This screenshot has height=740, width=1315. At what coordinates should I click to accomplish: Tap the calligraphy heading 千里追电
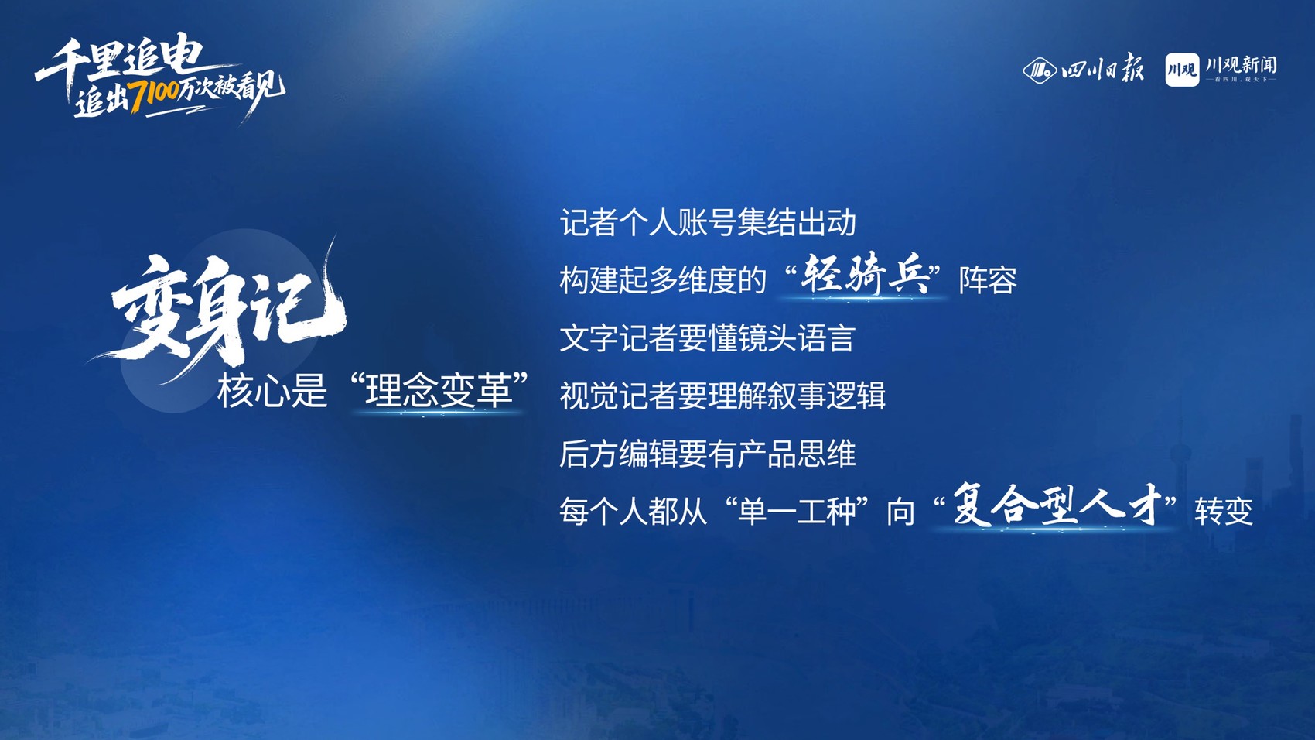pos(121,60)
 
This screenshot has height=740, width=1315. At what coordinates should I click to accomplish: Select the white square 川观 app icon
pos(1182,70)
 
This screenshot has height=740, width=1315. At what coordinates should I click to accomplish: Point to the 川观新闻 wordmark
pos(1241,64)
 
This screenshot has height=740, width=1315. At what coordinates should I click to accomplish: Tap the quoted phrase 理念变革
pos(439,391)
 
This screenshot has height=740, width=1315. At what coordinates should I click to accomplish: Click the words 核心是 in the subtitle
pos(272,391)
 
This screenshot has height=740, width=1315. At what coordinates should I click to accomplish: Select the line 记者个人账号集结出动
pos(708,223)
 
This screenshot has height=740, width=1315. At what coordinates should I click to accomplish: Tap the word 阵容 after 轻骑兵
pos(988,280)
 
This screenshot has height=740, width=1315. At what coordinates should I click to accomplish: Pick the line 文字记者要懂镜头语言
pos(707,337)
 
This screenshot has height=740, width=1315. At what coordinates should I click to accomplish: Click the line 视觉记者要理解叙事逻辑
pos(722,396)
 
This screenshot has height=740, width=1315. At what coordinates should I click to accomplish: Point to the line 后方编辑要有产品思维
pos(708,454)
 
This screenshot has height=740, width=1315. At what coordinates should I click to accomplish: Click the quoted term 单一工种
pos(798,511)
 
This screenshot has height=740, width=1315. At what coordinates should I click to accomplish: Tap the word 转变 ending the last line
pos(1224,511)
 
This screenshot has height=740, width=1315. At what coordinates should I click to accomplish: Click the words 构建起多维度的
pos(664,280)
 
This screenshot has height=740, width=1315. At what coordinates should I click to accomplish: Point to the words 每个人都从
pos(634,511)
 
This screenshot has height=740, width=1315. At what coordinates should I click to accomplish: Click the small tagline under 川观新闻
pos(1241,79)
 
